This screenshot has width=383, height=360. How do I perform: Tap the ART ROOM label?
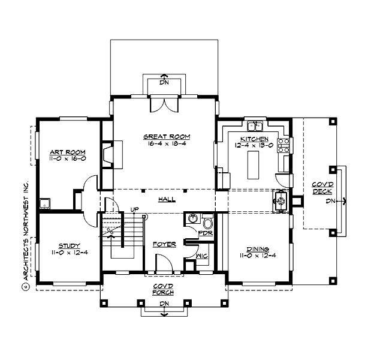(x=67, y=152)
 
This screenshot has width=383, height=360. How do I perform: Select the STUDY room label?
(x=67, y=245)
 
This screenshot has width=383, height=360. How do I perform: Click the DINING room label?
(x=257, y=249)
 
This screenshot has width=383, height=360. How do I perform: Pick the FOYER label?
(x=164, y=244)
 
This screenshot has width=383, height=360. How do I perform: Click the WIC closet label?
(x=201, y=256)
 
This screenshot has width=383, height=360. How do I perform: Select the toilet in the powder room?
(x=207, y=220)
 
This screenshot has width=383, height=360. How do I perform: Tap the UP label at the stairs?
(x=135, y=209)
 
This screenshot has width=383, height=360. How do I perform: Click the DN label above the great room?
(x=164, y=82)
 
